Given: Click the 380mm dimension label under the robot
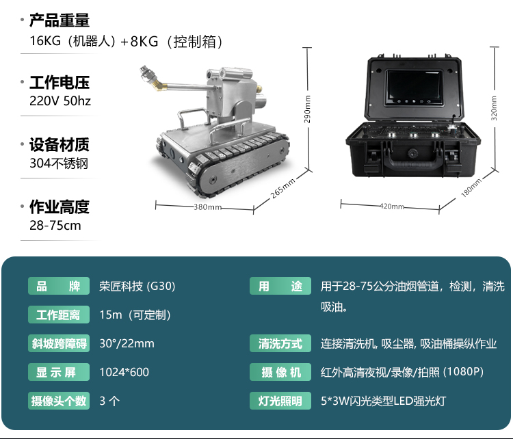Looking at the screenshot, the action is [207, 207].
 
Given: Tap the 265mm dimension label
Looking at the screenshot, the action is [282, 189].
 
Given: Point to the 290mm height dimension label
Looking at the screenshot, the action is [307, 109].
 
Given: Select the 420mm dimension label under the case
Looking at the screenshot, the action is [392, 207].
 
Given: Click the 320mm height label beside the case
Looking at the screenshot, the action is [494, 108].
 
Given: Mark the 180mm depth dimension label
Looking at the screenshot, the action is [471, 188].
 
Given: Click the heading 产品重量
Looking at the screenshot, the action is [60, 21].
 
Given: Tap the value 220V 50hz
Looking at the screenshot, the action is [60, 101].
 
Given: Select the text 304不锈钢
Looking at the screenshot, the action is [59, 163].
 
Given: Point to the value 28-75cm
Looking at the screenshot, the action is [55, 226].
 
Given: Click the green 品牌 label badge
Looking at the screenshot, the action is [59, 286].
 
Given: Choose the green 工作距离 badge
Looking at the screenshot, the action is [59, 315].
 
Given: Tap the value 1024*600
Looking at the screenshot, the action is [124, 372].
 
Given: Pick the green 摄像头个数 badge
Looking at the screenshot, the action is [59, 401].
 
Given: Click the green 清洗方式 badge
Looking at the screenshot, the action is [280, 343].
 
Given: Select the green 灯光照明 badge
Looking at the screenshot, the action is [280, 401].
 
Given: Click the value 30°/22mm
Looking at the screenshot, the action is [127, 343].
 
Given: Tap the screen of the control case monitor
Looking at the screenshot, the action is [415, 87].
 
